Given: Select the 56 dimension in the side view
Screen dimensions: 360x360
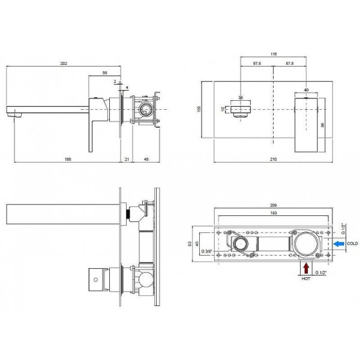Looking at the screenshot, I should coord(105,73).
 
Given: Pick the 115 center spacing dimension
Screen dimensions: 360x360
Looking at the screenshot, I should coord(274,55).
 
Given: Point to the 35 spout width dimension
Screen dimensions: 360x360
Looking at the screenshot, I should coord(241,97).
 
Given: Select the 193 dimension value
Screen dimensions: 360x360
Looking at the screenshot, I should coord(274,214).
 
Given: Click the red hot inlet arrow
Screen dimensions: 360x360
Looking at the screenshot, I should coord(308,267).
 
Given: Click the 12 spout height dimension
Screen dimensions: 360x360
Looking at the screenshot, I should coord(223,110).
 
